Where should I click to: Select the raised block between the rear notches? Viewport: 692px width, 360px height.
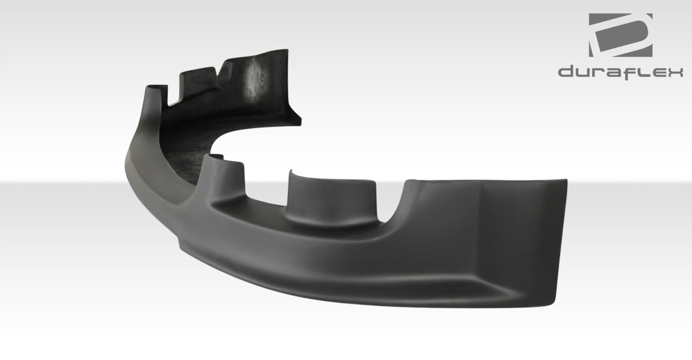(x=200, y=75)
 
